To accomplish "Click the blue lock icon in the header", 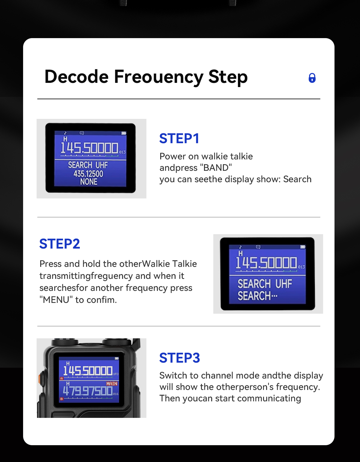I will click(312, 78).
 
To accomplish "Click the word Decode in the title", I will click(76, 77).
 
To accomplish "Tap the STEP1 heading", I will click(179, 139).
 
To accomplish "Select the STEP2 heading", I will click(60, 244).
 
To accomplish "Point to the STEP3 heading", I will click(179, 358).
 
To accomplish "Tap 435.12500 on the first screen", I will click(88, 174).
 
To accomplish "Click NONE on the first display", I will click(89, 182).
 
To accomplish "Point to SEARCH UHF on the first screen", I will click(88, 165).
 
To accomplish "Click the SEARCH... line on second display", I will click(257, 296).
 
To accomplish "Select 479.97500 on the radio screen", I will click(88, 391).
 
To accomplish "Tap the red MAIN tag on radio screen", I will click(112, 384).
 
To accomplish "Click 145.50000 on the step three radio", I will click(88, 371).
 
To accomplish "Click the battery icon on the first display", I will click(124, 133).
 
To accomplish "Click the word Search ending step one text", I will click(297, 179).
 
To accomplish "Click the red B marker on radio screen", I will click(62, 399).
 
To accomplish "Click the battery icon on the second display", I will click(303, 247).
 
